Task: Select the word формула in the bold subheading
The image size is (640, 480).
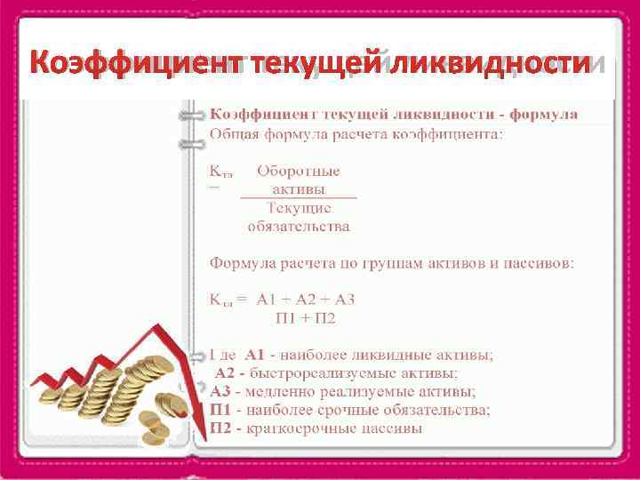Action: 543,115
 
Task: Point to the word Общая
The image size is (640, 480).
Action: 233,134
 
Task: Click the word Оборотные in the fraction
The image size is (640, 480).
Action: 299,171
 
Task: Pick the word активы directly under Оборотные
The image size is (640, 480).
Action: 299,189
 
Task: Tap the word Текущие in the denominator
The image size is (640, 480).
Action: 299,207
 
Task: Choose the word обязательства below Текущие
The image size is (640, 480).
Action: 299,226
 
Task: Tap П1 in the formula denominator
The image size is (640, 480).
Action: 287,317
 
